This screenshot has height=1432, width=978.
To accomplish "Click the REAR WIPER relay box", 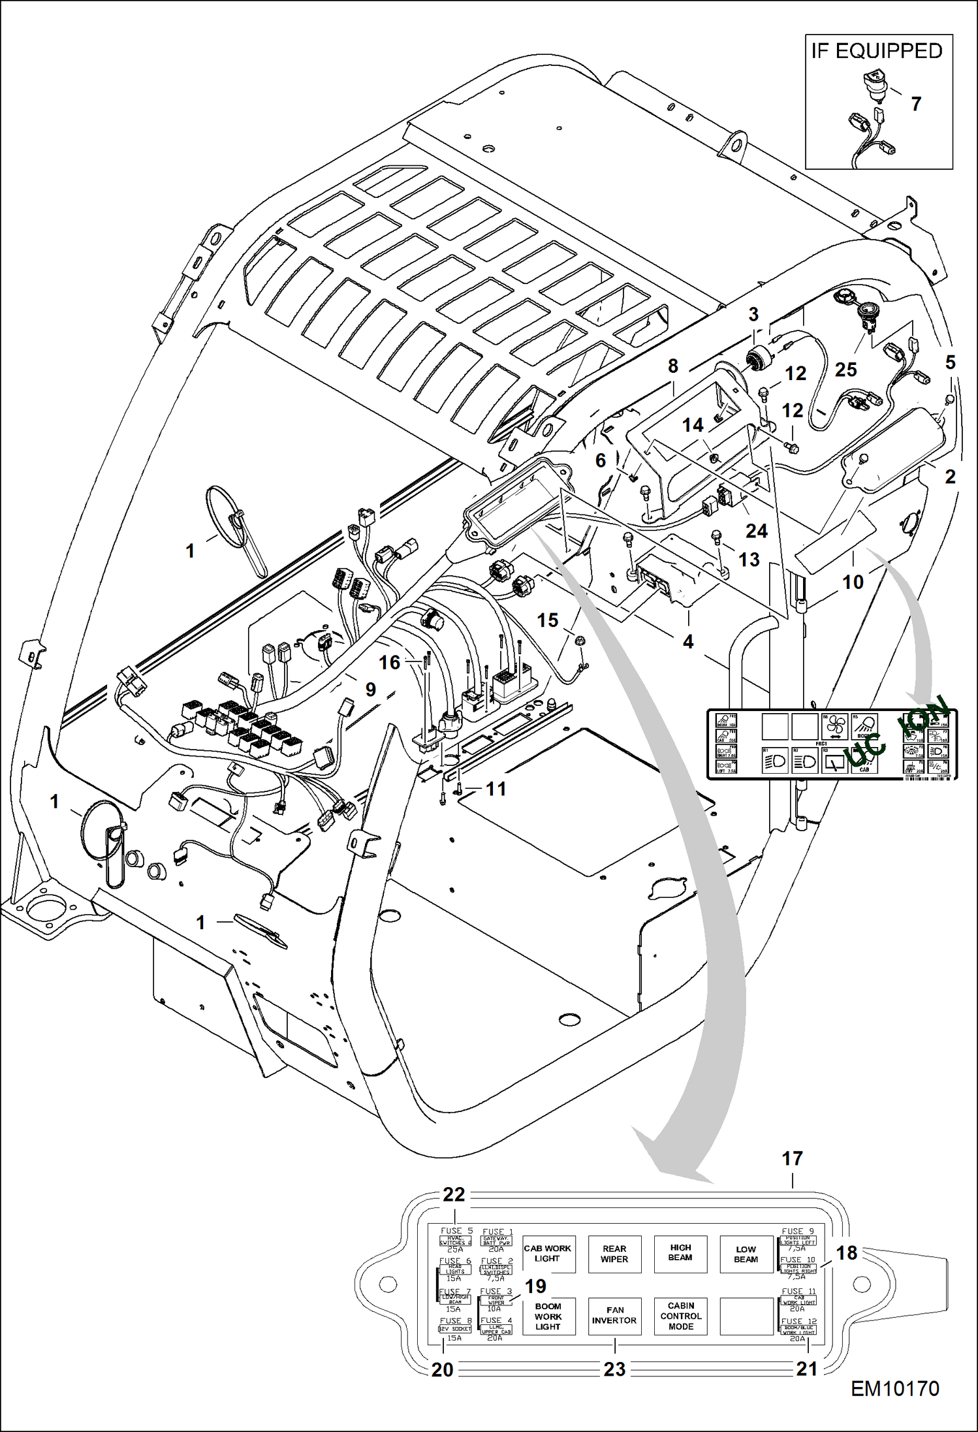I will pyautogui.click(x=614, y=1254).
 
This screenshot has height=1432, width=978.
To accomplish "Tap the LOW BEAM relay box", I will pyautogui.click(x=746, y=1254).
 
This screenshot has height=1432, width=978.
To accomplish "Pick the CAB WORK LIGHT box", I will pyautogui.click(x=547, y=1254).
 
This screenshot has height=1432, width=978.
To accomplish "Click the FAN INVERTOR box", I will pyautogui.click(x=614, y=1316).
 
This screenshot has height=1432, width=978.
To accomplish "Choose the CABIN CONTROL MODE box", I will pyautogui.click(x=680, y=1316).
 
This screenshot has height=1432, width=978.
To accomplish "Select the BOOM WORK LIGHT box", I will pyautogui.click(x=548, y=1316).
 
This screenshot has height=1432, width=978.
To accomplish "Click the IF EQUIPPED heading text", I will pyautogui.click(x=877, y=51).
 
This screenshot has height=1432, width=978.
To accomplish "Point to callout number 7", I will pyautogui.click(x=916, y=104).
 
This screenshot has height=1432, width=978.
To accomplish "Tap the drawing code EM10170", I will pyautogui.click(x=894, y=1406).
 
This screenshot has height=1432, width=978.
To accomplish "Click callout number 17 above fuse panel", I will pyautogui.click(x=792, y=1159).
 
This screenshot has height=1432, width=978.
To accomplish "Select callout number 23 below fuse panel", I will pyautogui.click(x=614, y=1369).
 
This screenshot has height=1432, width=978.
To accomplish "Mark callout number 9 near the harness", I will pyautogui.click(x=371, y=690).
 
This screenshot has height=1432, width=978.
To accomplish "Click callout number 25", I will pyautogui.click(x=845, y=370).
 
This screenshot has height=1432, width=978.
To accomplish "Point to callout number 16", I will pyautogui.click(x=389, y=663).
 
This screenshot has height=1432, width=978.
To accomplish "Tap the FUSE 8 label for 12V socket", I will pyautogui.click(x=455, y=1321).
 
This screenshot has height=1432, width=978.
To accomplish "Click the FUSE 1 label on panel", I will pyautogui.click(x=496, y=1232).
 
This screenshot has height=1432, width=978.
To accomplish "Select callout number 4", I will pyautogui.click(x=687, y=642).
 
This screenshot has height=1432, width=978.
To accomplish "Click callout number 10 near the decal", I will pyautogui.click(x=853, y=582).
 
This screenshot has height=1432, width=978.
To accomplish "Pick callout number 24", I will pyautogui.click(x=756, y=531).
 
